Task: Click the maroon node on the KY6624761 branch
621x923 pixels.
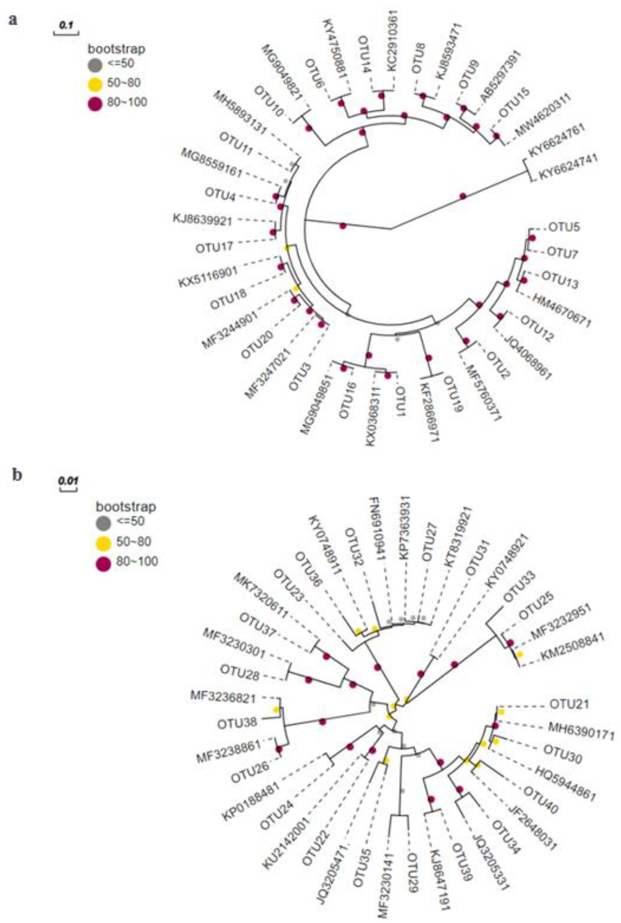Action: (463, 196)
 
